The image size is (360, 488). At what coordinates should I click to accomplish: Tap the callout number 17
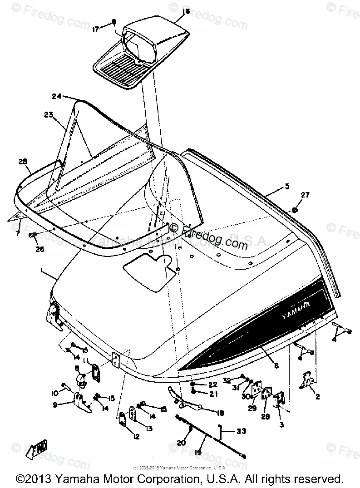[95, 29]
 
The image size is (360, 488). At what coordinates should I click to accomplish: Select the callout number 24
[57, 96]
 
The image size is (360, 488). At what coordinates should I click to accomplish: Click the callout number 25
[23, 161]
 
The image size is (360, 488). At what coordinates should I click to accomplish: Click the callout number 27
[305, 195]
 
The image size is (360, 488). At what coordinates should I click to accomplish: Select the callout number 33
[242, 430]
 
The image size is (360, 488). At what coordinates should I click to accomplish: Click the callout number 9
[55, 404]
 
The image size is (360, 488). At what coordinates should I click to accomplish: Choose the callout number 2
[317, 396]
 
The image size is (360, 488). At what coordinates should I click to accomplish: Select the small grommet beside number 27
[295, 210]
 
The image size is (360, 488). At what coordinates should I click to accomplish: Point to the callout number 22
[212, 384]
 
